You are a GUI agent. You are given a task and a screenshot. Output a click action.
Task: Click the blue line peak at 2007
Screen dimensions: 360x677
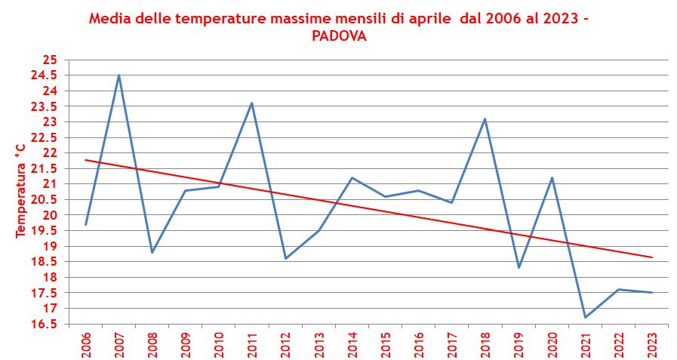[x=118, y=75]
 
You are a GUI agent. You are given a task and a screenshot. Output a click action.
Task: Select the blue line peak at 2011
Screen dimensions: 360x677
[x=251, y=103]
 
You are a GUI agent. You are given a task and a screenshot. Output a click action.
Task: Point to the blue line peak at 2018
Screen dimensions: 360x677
[x=485, y=119]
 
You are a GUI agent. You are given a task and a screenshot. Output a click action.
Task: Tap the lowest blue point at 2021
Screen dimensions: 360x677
[x=585, y=317]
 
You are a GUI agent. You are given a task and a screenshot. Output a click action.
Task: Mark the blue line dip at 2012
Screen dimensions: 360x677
[x=285, y=258]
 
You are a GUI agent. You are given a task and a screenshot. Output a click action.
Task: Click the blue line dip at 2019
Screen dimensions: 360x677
[x=519, y=267]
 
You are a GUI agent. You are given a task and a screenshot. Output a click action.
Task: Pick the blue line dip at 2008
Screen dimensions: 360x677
[x=152, y=252]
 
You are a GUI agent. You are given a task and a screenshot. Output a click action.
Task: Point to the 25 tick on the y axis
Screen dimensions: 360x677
[x=50, y=60]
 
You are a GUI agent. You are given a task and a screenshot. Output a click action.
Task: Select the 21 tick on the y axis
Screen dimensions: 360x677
[x=50, y=184]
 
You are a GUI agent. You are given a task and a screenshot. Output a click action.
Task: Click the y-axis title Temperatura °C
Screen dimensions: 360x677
[x=21, y=189]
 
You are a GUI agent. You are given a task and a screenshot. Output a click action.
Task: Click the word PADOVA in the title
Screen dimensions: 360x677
[x=339, y=36]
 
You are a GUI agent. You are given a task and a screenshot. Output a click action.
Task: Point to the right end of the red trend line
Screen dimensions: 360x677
[x=652, y=257]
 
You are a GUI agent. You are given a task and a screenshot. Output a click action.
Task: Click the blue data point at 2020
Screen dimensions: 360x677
[x=552, y=178]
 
